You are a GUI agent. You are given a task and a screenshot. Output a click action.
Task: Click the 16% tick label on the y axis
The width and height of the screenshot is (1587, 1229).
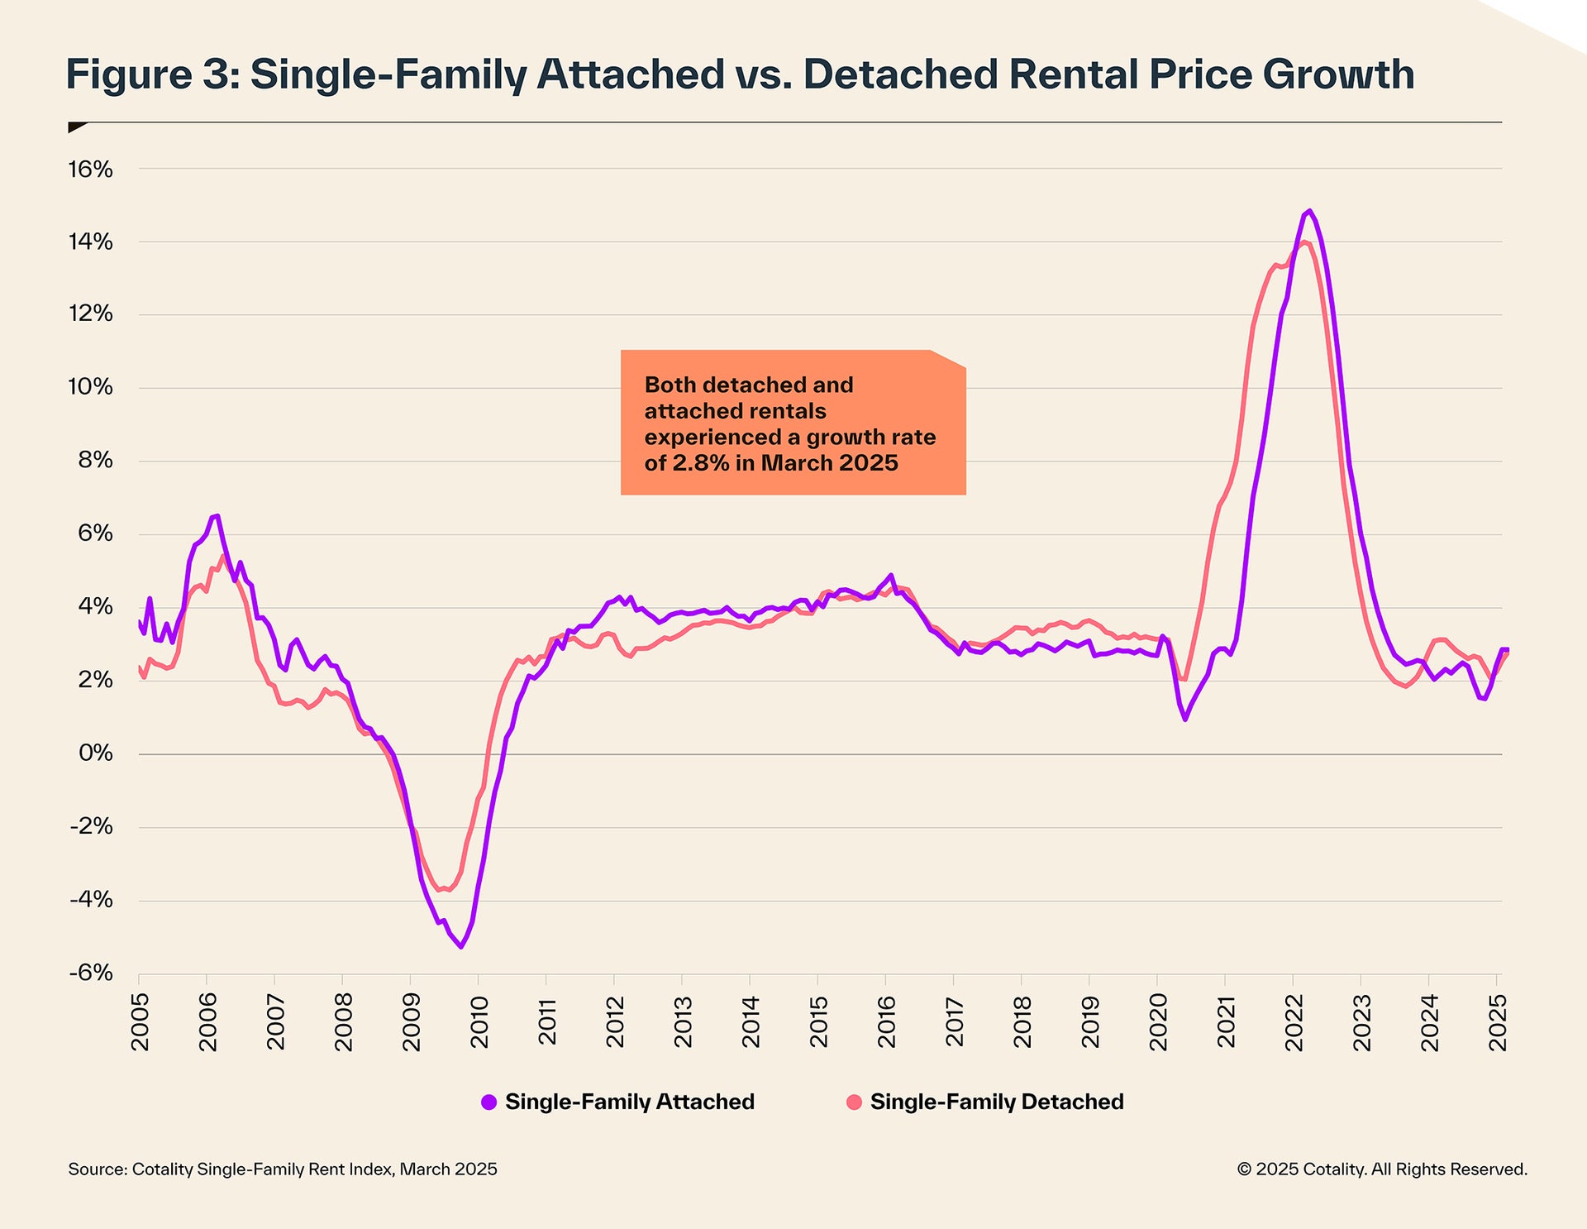click(90, 170)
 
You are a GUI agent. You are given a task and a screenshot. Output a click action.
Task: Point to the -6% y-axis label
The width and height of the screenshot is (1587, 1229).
click(90, 973)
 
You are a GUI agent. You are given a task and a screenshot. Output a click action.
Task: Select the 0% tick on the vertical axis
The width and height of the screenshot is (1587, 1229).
click(95, 753)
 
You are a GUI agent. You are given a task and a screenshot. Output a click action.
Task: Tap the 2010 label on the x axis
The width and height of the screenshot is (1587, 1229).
click(479, 1022)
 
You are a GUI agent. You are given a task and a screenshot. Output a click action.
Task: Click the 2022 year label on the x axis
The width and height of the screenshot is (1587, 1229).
click(1294, 1022)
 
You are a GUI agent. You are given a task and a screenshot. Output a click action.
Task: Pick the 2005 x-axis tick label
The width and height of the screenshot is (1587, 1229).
click(140, 1022)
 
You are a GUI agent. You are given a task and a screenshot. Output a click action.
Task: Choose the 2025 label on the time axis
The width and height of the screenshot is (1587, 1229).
click(1497, 1022)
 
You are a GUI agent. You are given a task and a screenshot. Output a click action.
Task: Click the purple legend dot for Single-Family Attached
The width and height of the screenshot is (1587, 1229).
click(488, 1102)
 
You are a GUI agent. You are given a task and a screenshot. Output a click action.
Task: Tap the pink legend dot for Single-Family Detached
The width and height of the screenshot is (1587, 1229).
click(854, 1102)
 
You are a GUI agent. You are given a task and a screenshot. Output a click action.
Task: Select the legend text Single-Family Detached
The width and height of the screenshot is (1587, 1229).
click(996, 1102)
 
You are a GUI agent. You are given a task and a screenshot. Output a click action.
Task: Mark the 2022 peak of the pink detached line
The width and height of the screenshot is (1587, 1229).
click(1303, 241)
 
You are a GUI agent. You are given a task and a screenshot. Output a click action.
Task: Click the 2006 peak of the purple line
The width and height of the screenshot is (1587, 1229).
click(217, 515)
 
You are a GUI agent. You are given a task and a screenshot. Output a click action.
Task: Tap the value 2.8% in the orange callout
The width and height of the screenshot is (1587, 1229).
click(700, 463)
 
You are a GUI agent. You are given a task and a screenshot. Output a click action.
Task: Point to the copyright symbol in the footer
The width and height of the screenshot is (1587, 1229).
click(1244, 1169)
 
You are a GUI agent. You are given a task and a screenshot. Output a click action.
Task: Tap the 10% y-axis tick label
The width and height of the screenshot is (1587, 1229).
click(90, 387)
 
